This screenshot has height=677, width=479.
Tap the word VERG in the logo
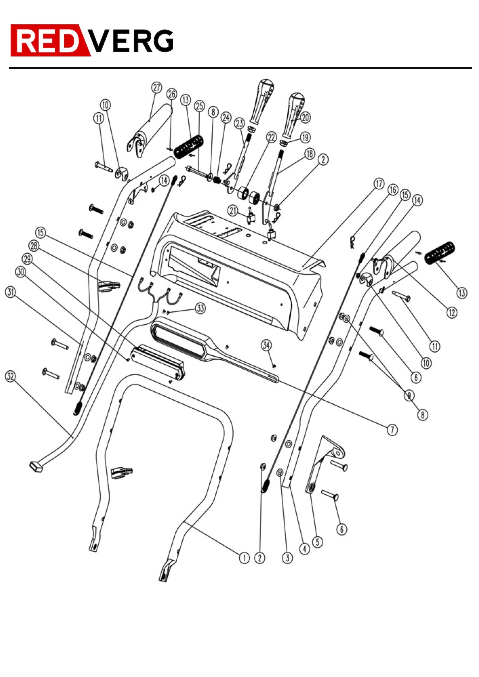click(x=131, y=41)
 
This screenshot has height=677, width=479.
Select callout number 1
click(x=244, y=558)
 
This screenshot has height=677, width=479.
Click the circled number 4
click(x=305, y=549)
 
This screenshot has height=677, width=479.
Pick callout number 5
click(x=317, y=542)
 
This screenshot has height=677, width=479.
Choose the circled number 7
click(x=392, y=430)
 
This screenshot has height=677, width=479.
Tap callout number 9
click(x=409, y=396)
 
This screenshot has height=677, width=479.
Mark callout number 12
click(x=452, y=312)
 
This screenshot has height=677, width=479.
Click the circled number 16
click(x=393, y=190)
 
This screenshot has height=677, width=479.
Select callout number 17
click(x=379, y=184)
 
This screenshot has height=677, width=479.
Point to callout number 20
click(x=305, y=118)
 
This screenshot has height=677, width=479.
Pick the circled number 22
click(x=271, y=137)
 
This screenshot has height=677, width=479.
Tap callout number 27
click(x=157, y=87)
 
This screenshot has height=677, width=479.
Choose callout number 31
click(x=10, y=292)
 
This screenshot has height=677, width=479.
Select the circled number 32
click(x=10, y=376)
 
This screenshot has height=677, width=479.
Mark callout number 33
click(x=201, y=308)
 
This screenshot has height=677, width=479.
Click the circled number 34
click(x=267, y=345)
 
